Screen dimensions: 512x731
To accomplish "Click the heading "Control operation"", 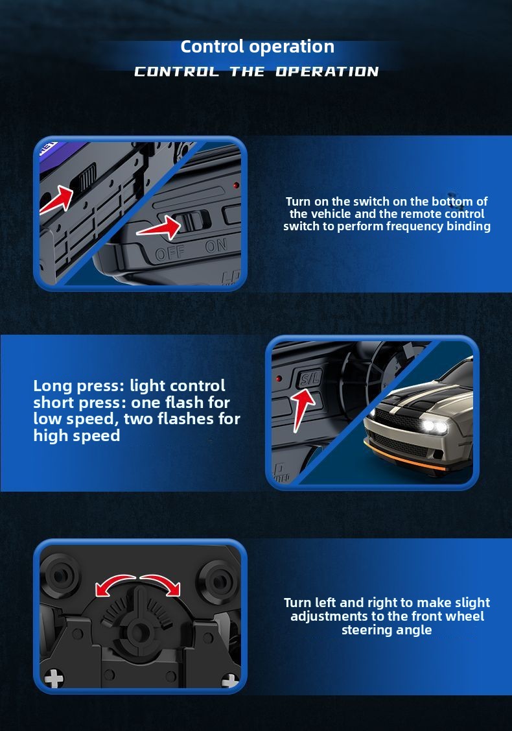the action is coord(257,47).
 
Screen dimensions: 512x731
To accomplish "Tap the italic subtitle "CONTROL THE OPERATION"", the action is coord(256,71).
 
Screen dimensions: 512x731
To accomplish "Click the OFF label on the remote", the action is coord(170,253).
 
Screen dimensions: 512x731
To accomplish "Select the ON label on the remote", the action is coord(216,245).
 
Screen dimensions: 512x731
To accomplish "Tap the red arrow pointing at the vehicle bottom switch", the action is coord(57,200).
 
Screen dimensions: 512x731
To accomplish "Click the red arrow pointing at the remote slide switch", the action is coord(159,228).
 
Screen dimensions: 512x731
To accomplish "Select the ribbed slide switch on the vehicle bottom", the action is coord(85,178).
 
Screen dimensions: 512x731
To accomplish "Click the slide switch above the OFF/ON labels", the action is coord(192,221).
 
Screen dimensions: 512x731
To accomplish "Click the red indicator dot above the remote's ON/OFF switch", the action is coord(237,186).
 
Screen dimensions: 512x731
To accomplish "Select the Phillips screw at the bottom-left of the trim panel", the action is coord(54,678).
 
